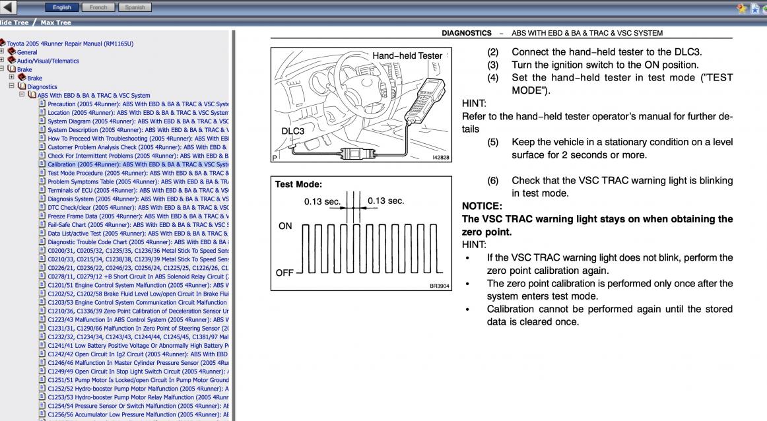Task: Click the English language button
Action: coord(61,7)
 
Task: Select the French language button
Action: coord(98,7)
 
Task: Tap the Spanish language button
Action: coord(135,7)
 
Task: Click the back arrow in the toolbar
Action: coord(7,7)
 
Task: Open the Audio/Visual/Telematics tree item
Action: coord(48,61)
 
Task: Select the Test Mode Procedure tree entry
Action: coord(138,173)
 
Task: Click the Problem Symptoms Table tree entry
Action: coord(138,182)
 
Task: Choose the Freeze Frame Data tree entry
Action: coord(138,216)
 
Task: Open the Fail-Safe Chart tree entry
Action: coord(138,225)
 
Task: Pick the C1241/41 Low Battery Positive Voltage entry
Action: coord(138,346)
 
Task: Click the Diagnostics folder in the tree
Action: coord(42,87)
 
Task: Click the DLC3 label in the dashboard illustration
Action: coord(292,131)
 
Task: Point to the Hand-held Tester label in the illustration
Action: coord(407,55)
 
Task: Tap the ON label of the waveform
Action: coord(285,226)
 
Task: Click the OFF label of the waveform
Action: coord(284,273)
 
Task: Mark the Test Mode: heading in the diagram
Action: coord(298,184)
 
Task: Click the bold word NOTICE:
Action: coord(482,207)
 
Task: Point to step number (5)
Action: coord(492,143)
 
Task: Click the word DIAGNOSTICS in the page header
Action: coord(467,33)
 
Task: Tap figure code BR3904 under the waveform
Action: coord(439,286)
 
